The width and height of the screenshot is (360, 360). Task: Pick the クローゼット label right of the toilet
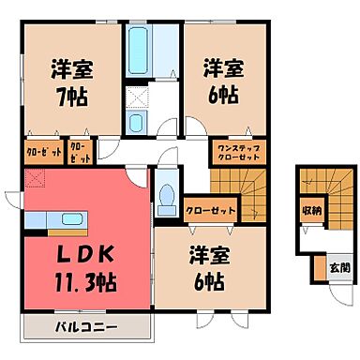tap(209, 209)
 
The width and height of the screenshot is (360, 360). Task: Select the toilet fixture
tap(167, 196)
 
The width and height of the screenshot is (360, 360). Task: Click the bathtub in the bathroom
tap(142, 46)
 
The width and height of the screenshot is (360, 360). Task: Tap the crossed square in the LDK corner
tap(37, 178)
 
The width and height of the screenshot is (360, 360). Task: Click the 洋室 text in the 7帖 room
tap(69, 68)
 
